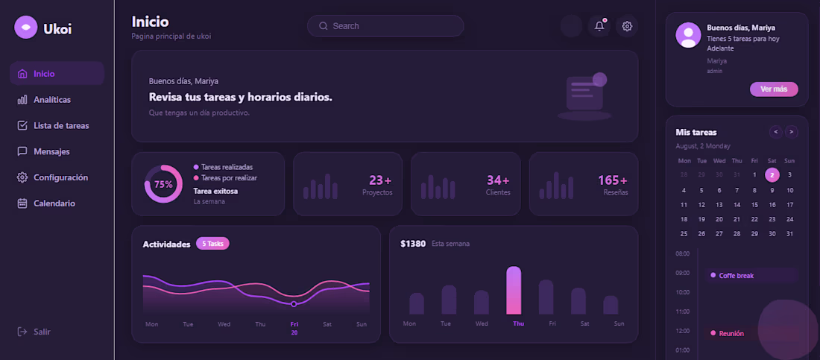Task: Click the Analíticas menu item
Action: coord(51,100)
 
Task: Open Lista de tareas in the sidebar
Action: coord(60,125)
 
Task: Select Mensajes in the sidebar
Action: coord(51,151)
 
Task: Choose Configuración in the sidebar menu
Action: coord(60,177)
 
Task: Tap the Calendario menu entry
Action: coord(54,203)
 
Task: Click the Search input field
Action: coord(385,26)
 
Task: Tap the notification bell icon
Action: coord(599,26)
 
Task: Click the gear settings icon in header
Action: coord(627,26)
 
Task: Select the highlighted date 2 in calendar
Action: coord(772,175)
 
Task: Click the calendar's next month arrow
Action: coord(791,132)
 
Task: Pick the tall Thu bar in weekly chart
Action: coord(514,290)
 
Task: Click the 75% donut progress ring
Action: coord(163,184)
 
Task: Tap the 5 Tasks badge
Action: coord(212,244)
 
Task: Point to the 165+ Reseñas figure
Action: coord(613,181)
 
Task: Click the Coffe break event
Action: coord(736,276)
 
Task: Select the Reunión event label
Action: coord(731,333)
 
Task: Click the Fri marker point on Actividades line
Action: coord(294,304)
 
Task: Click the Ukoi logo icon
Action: coord(26,28)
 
